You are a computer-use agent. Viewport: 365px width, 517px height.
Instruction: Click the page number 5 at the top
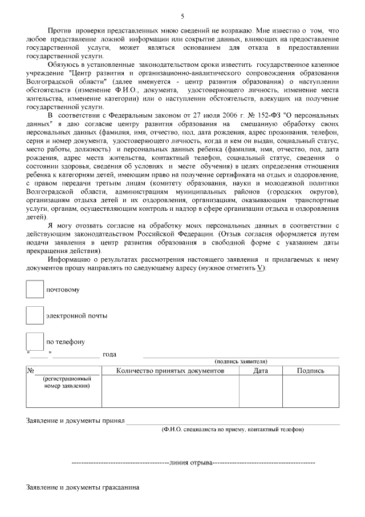(x=182, y=15)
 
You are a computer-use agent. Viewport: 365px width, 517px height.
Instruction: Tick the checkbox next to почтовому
(x=35, y=289)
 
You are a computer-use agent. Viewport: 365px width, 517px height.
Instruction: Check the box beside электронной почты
(x=35, y=315)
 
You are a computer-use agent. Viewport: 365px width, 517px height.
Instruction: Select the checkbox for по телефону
(x=35, y=342)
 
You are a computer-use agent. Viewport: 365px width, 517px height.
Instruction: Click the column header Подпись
(x=311, y=371)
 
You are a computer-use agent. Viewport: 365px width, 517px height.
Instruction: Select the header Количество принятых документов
(x=170, y=371)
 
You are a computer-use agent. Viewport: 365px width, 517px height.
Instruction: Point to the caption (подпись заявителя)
(x=241, y=362)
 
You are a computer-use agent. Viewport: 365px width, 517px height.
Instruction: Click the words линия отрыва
(x=191, y=462)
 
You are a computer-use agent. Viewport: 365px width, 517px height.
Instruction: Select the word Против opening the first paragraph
(x=59, y=29)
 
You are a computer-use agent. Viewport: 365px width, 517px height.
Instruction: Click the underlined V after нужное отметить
(x=260, y=268)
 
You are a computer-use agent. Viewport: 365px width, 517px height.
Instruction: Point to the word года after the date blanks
(x=109, y=355)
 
